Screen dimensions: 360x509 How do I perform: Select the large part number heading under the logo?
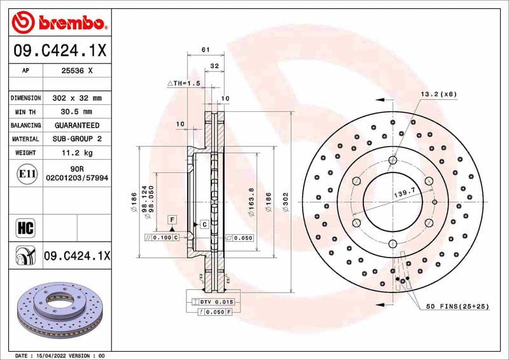pos(59,50)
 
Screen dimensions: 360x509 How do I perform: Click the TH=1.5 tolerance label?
pos(184,83)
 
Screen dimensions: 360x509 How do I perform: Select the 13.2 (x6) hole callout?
pos(438,94)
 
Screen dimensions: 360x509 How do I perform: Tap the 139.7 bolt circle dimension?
pos(404,191)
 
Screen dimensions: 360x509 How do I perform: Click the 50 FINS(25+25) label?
pos(457,307)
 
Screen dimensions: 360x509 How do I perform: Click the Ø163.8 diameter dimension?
pos(251,204)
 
